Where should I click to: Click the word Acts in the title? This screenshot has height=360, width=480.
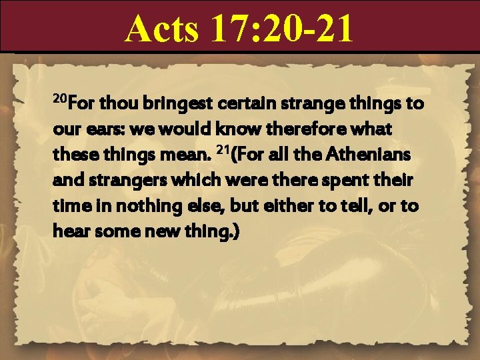point(161,29)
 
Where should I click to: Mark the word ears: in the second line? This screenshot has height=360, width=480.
point(96,130)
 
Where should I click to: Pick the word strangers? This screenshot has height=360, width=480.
point(117,181)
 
